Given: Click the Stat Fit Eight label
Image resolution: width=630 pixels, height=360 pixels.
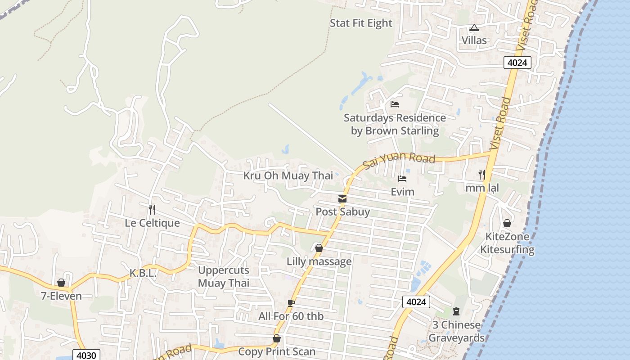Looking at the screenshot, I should point(361,23).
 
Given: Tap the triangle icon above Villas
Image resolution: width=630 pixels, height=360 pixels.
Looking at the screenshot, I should point(474,28).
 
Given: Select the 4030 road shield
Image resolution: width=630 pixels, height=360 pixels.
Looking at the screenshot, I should point(86,355).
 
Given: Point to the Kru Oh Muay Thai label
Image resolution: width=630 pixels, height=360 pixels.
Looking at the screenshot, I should point(288,175).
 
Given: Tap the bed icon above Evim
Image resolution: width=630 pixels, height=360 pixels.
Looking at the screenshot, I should point(402,179).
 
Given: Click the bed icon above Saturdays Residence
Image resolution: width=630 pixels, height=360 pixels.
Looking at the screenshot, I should point(395,104).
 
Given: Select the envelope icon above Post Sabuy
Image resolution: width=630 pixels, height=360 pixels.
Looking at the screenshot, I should point(342,198).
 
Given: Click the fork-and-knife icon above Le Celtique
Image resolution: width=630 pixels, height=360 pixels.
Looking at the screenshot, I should point(152,209).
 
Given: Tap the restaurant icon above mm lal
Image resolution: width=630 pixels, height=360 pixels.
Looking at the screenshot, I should point(481,174).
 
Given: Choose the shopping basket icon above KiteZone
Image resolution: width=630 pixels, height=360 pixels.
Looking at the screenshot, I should point(507,223).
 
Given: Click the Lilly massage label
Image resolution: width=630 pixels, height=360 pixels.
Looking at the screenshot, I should point(319,261).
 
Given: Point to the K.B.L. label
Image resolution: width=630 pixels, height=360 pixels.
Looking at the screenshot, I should point(143,273).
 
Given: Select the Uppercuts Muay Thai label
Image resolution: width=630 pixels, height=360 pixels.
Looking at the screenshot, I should point(224,277).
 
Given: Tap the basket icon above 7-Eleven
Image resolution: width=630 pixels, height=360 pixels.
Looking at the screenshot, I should point(61,283).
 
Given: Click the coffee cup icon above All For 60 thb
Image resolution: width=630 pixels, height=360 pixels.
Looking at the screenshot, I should point(291,303).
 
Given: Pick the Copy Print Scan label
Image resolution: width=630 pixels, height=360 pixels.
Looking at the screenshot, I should point(276,351).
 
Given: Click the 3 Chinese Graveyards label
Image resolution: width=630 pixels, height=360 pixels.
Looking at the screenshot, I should point(456,331).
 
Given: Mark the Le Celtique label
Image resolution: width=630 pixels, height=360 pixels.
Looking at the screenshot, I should point(152,223).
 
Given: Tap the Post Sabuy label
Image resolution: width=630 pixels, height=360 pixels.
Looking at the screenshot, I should point(342,211).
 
